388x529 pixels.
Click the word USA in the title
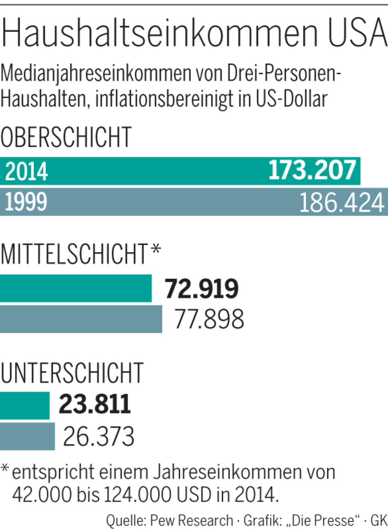pos(357,32)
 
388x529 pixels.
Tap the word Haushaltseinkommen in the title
pos(160,32)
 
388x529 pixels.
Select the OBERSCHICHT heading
pos(66,137)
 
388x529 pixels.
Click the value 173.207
pos(312,170)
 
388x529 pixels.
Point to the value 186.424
pos(342,202)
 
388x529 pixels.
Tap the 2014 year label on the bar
pos(26,171)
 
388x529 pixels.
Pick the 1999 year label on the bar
pos(26,202)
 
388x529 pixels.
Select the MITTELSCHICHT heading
pos(74,254)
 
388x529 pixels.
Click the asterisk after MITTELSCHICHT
pos(156,250)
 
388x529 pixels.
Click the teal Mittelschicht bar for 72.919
pos(76,288)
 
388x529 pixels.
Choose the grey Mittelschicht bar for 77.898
pos(81,319)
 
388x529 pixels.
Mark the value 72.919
pos(201,288)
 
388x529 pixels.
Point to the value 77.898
pos(209,319)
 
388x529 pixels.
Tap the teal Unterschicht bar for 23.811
pos(25,405)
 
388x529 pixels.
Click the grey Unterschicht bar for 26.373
pos(27,436)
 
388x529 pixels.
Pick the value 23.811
pos(95,404)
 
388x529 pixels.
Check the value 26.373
pos(99,436)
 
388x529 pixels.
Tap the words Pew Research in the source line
pos(192,520)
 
